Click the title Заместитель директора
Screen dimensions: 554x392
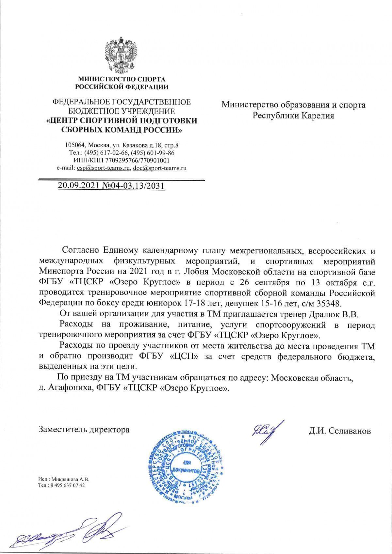click(x=84, y=429)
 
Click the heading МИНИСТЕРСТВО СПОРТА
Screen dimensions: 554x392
click(x=122, y=79)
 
